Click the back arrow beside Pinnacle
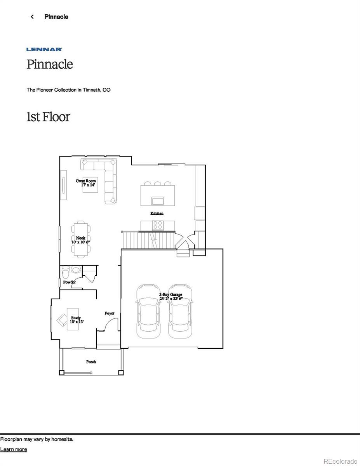[x=32, y=17]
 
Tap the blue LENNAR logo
[x=44, y=49]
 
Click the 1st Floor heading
[x=48, y=116]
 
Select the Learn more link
[x=14, y=449]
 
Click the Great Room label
[x=86, y=181]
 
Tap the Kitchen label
[x=157, y=213]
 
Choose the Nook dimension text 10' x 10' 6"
[x=81, y=242]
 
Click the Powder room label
[x=69, y=282]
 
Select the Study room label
[x=76, y=318]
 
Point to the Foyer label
[x=110, y=313]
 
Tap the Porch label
[x=91, y=362]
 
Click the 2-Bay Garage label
[x=170, y=295]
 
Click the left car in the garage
[x=148, y=311]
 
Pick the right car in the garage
[x=180, y=311]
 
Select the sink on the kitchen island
[x=157, y=200]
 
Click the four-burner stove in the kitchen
[x=157, y=225]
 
